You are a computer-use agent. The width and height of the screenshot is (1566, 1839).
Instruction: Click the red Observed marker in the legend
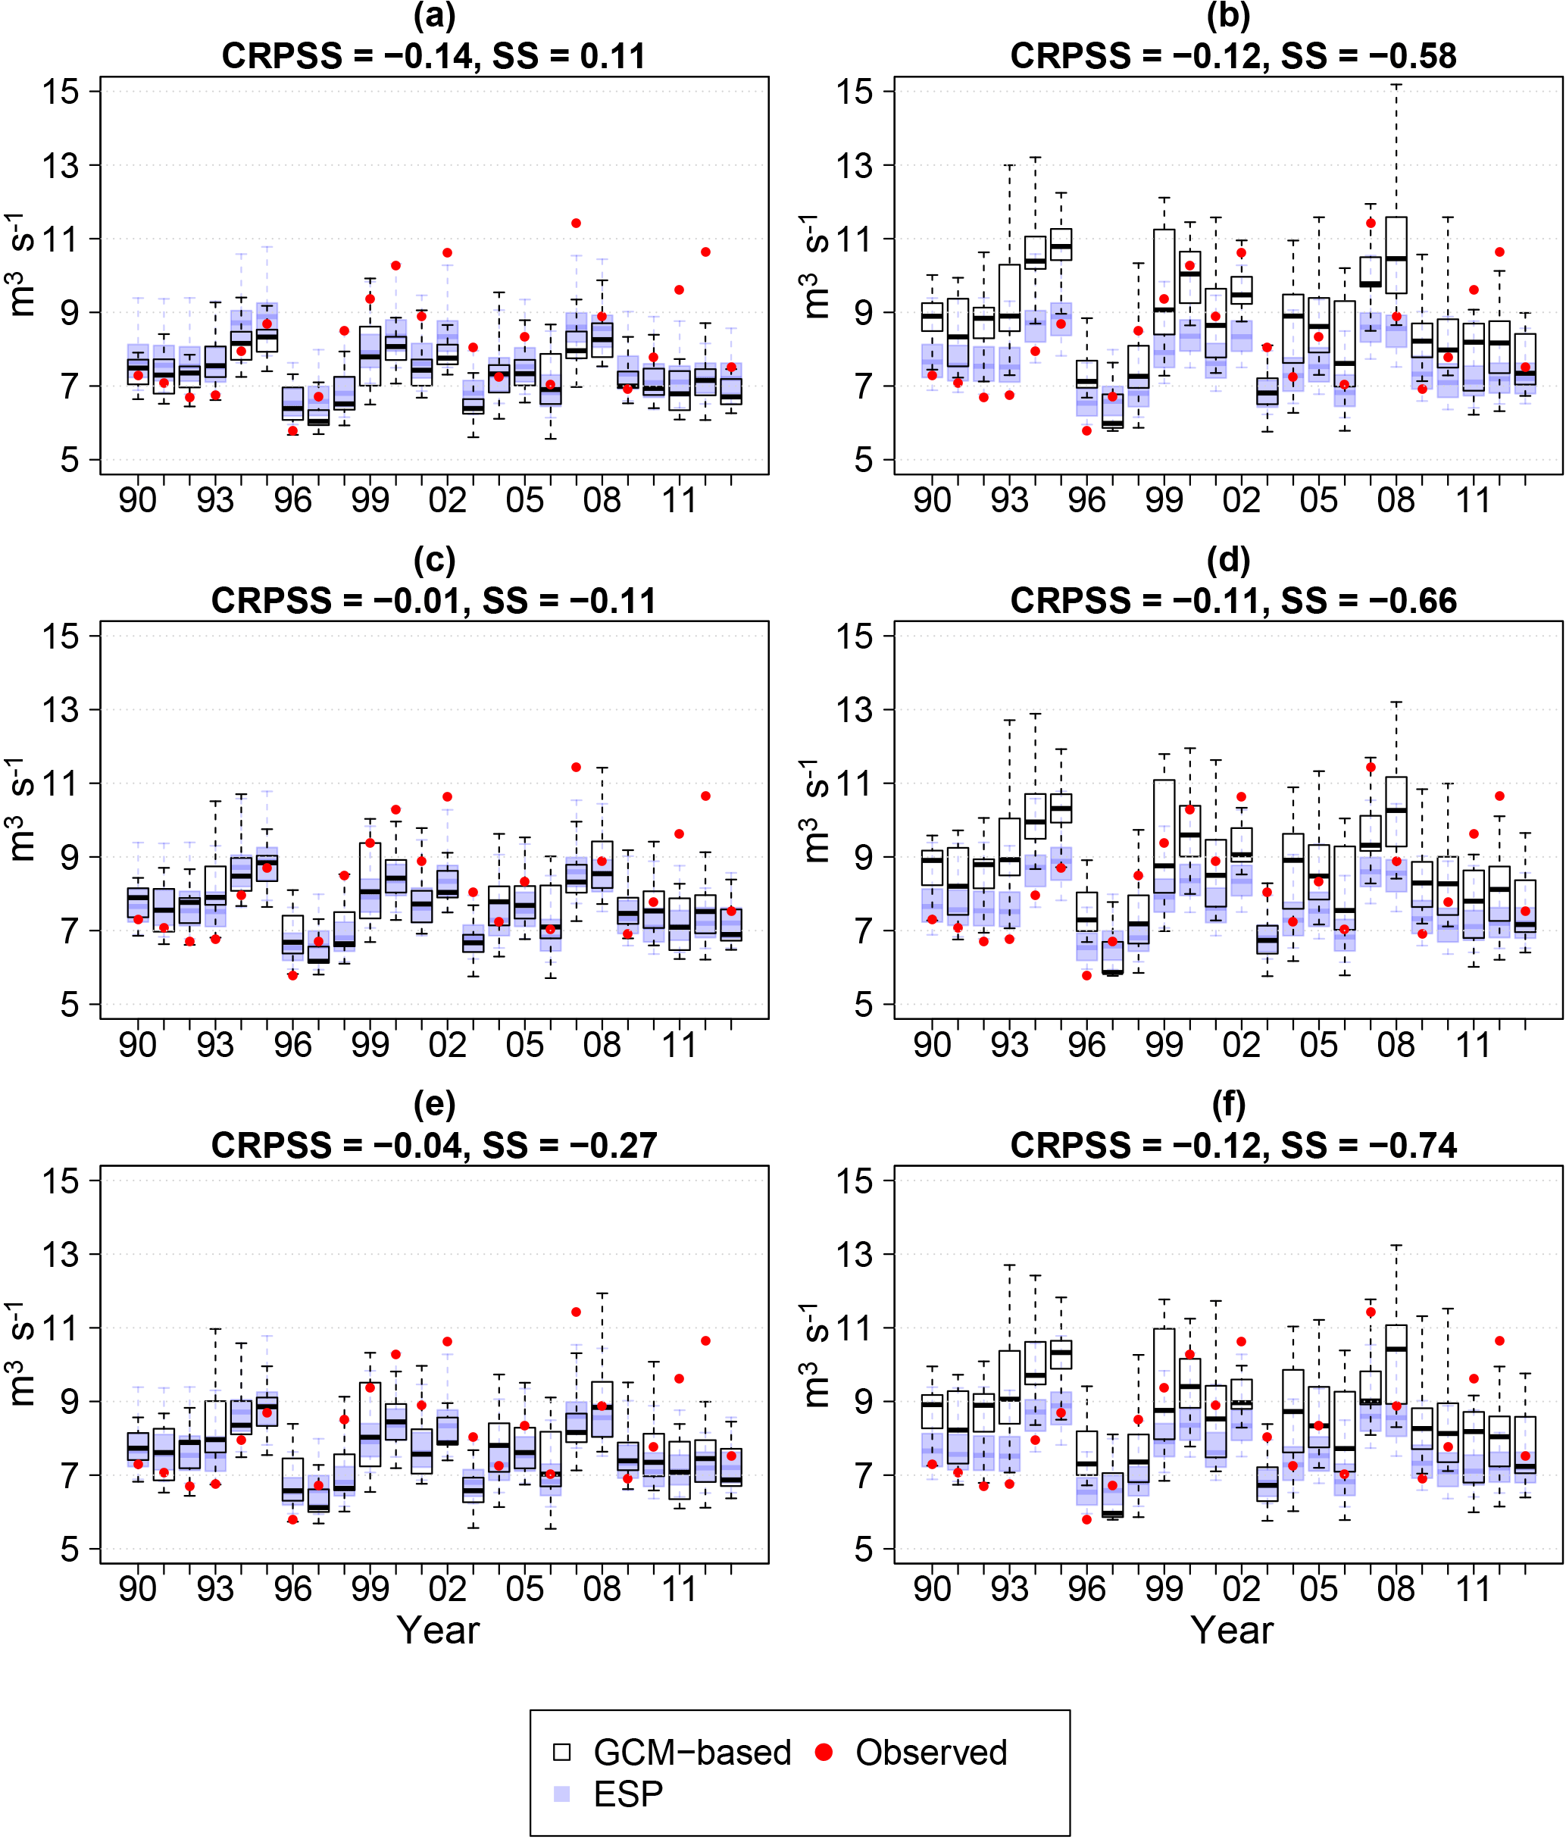(x=824, y=1752)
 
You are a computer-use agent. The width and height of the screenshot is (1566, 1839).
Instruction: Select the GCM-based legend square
(x=561, y=1752)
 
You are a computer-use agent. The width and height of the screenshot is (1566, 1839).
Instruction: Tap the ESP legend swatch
(x=561, y=1794)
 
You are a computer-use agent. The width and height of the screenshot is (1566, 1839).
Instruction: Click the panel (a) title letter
(x=434, y=16)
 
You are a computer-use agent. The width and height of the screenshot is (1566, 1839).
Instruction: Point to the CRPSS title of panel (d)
(x=1233, y=601)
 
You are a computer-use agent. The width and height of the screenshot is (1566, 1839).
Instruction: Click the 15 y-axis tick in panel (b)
(x=857, y=92)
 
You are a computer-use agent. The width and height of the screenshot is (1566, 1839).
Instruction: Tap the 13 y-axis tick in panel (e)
(x=63, y=1254)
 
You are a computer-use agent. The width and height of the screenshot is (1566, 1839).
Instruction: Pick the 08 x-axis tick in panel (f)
(x=1396, y=1589)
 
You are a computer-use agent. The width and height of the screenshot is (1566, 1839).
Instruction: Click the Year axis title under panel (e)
(x=437, y=1631)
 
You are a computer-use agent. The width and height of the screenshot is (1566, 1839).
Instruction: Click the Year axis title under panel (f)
(x=1231, y=1631)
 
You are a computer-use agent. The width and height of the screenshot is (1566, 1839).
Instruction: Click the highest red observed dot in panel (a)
(x=576, y=223)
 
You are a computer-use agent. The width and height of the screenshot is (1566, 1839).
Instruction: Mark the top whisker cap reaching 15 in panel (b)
(x=1396, y=85)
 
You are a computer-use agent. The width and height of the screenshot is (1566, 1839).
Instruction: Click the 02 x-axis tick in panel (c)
(x=447, y=1045)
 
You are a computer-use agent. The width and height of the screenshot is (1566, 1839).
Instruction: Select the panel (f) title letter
(x=1229, y=1105)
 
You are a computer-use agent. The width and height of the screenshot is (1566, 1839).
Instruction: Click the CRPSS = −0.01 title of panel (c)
(x=434, y=601)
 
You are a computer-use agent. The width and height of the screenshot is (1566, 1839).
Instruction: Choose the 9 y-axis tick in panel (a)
(x=71, y=312)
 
